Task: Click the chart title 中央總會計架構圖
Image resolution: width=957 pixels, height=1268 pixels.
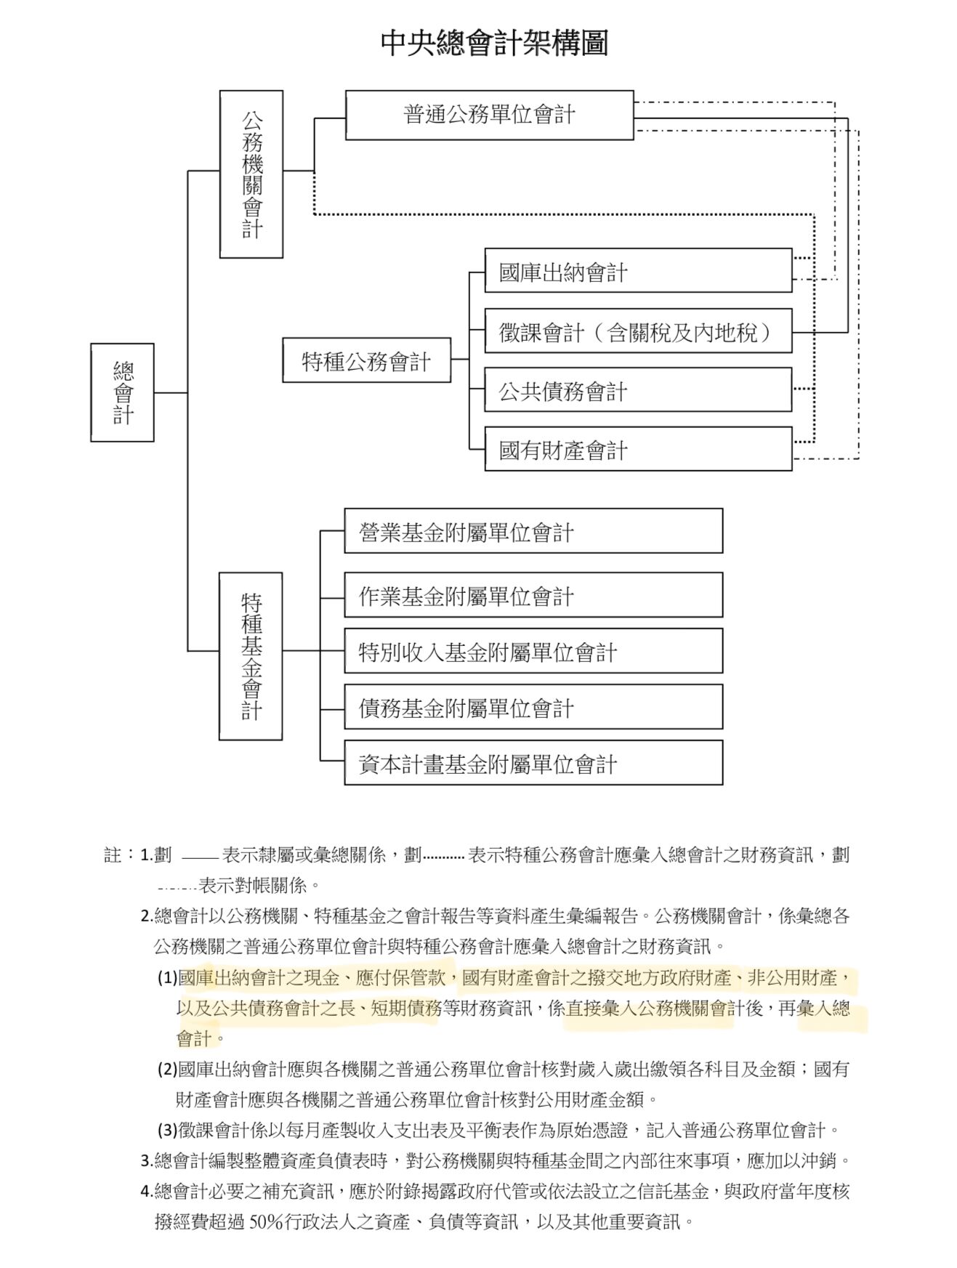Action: pos(494,44)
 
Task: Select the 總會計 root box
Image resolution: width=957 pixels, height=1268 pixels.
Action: pos(122,392)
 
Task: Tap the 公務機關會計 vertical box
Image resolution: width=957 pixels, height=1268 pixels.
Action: pos(251,174)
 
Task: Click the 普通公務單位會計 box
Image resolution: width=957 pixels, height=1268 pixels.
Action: pos(489,115)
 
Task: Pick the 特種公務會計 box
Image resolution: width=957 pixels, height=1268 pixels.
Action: pos(366,360)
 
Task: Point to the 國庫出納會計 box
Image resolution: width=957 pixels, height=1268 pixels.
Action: pos(638,271)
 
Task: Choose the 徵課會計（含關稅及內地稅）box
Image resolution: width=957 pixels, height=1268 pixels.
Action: pos(638,331)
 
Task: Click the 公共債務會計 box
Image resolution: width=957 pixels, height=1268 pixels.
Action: pos(638,390)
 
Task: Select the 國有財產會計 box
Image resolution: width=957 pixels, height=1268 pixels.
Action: pos(638,449)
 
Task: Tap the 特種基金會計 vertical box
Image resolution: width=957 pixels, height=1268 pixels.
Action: pos(251,656)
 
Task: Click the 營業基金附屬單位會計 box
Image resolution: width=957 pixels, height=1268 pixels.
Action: pos(533,531)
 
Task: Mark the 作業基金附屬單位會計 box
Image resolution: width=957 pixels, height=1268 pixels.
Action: pos(533,595)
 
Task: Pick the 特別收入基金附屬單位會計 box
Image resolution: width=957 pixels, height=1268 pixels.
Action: pos(533,651)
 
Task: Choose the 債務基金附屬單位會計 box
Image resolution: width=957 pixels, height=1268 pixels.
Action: pos(533,707)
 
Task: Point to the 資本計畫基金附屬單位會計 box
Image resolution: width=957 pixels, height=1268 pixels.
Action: pos(533,763)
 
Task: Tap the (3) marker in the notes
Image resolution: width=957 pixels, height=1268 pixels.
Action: pos(167,1131)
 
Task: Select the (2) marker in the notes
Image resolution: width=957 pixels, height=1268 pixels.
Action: pos(167,1070)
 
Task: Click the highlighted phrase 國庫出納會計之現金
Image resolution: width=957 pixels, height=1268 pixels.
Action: pos(259,978)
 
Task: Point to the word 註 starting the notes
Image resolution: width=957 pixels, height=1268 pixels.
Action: pos(113,855)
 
